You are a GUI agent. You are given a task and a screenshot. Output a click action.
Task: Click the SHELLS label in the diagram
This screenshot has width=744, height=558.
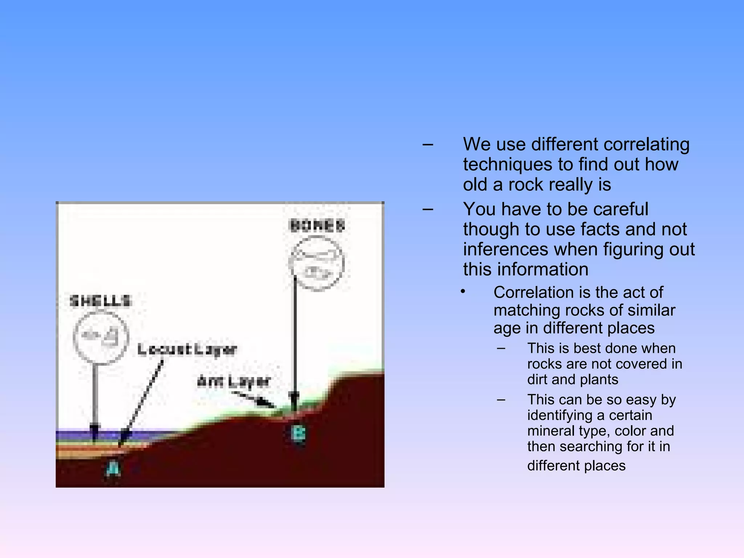click(x=100, y=301)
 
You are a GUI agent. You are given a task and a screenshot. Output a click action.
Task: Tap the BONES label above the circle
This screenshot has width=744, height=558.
click(x=317, y=226)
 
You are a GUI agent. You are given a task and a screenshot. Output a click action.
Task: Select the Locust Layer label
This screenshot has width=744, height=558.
click(x=187, y=349)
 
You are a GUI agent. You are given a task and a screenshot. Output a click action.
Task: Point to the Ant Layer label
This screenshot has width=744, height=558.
click(x=234, y=381)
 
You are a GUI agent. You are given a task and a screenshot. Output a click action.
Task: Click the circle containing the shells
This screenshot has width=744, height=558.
click(x=101, y=337)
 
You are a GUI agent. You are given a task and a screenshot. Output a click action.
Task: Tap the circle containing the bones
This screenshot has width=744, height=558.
click(x=316, y=263)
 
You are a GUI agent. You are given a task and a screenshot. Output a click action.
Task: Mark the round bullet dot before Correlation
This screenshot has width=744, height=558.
click(x=463, y=292)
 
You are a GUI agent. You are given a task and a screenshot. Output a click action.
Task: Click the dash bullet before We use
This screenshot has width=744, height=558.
click(x=428, y=145)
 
